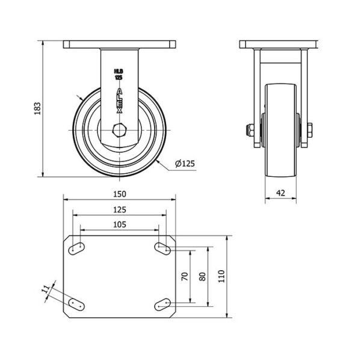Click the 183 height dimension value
pyautogui.click(x=37, y=108)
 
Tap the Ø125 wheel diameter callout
pyautogui.click(x=185, y=164)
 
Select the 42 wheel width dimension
pyautogui.click(x=280, y=193)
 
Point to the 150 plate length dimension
pyautogui.click(x=120, y=194)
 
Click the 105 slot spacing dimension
pyautogui.click(x=120, y=224)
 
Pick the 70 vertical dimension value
pyautogui.click(x=185, y=276)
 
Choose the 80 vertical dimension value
pyautogui.click(x=202, y=277)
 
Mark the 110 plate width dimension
pyautogui.click(x=221, y=276)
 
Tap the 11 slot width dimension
pyautogui.click(x=46, y=289)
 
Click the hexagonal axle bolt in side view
pyautogui.click(x=119, y=131)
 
